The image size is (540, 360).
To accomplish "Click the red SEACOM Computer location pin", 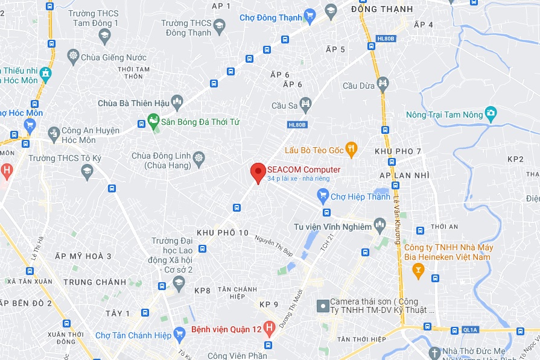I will pyautogui.click(x=258, y=172).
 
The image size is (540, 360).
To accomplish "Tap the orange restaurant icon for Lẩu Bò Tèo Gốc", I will pyautogui.click(x=352, y=149).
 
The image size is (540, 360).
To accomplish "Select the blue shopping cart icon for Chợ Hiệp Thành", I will pyautogui.click(x=323, y=195).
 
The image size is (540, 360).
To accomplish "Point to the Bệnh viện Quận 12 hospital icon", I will pyautogui.click(x=269, y=329).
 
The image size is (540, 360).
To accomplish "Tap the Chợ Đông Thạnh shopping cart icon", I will pyautogui.click(x=310, y=16).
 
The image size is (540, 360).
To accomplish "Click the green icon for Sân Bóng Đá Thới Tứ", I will pyautogui.click(x=153, y=121).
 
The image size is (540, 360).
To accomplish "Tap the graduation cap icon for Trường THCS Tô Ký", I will pyautogui.click(x=87, y=172).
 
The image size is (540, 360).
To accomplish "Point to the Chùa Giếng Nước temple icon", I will pyautogui.click(x=74, y=57).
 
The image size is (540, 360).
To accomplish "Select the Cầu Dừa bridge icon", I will pyautogui.click(x=383, y=83).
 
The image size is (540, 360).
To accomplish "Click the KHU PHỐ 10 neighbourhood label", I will pyautogui.click(x=223, y=233).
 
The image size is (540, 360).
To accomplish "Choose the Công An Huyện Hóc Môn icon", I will pyautogui.click(x=54, y=131).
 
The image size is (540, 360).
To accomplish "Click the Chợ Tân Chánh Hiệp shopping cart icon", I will pyautogui.click(x=179, y=333).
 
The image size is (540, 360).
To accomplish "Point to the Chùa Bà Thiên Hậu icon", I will pyautogui.click(x=177, y=102).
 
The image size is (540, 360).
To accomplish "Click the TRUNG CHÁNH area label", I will pyautogui.click(x=95, y=282).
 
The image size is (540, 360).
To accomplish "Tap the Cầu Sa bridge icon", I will pyautogui.click(x=306, y=104).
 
